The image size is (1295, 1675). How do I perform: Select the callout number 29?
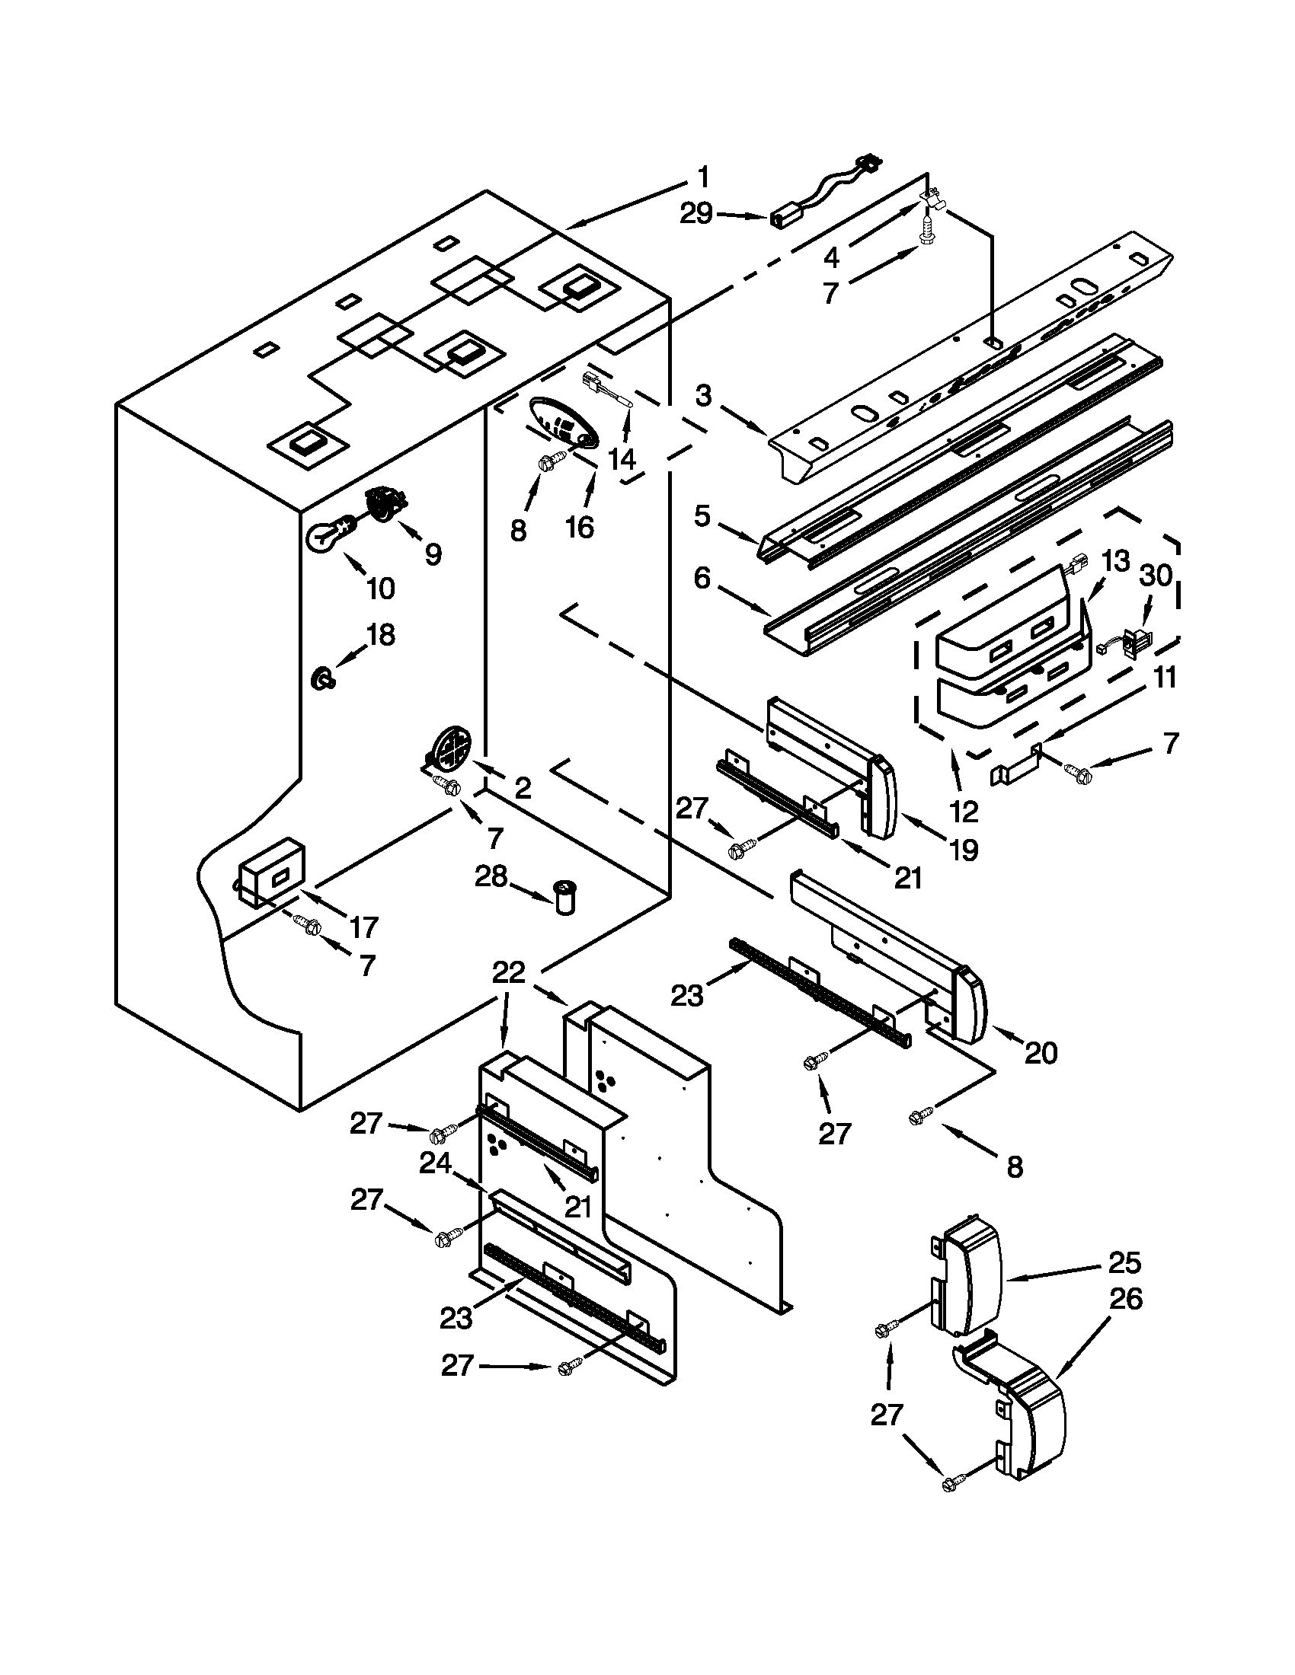(696, 214)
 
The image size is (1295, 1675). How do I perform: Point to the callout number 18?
(381, 636)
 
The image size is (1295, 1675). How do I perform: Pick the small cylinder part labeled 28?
(565, 898)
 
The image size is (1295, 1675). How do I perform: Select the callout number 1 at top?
(703, 177)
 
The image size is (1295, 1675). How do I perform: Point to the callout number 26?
(1124, 1299)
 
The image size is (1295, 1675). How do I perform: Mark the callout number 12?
(964, 811)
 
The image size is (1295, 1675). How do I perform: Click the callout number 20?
(1041, 1054)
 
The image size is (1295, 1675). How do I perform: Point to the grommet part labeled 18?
(322, 678)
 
